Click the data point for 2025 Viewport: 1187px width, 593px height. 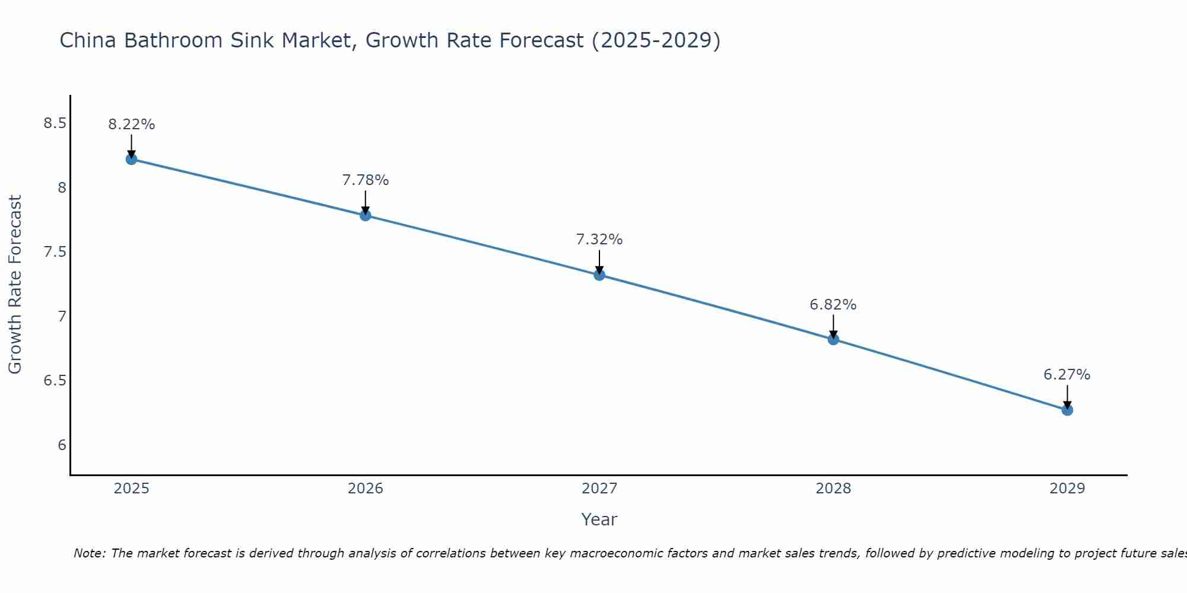coord(131,159)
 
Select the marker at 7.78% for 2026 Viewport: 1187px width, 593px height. coord(366,215)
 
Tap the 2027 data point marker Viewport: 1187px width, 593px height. coord(599,275)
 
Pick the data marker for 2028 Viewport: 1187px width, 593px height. coord(833,339)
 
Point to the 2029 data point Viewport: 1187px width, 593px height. coord(1067,410)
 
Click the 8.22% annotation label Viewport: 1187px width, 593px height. coord(131,125)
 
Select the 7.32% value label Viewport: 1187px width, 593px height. coord(599,240)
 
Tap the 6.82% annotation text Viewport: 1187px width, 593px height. coord(833,305)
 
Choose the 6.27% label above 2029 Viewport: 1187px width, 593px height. coord(1067,375)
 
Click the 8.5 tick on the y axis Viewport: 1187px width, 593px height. coord(55,123)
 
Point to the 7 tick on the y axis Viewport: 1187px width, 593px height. coord(62,317)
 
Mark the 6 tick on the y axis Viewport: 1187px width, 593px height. coord(62,445)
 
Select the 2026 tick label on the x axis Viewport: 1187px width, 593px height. coord(366,489)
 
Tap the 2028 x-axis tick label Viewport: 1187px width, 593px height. coord(833,489)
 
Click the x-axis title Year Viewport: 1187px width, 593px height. coord(599,519)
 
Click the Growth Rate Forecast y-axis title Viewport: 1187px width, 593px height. coord(15,285)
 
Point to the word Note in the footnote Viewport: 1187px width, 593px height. coord(89,553)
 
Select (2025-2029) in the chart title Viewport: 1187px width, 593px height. coord(656,40)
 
